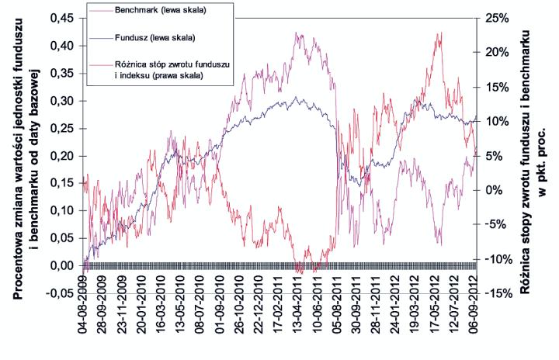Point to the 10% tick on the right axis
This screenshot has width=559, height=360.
point(495,122)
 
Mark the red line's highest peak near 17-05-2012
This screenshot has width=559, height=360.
point(441,33)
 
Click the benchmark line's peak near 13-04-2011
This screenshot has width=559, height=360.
point(297,33)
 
